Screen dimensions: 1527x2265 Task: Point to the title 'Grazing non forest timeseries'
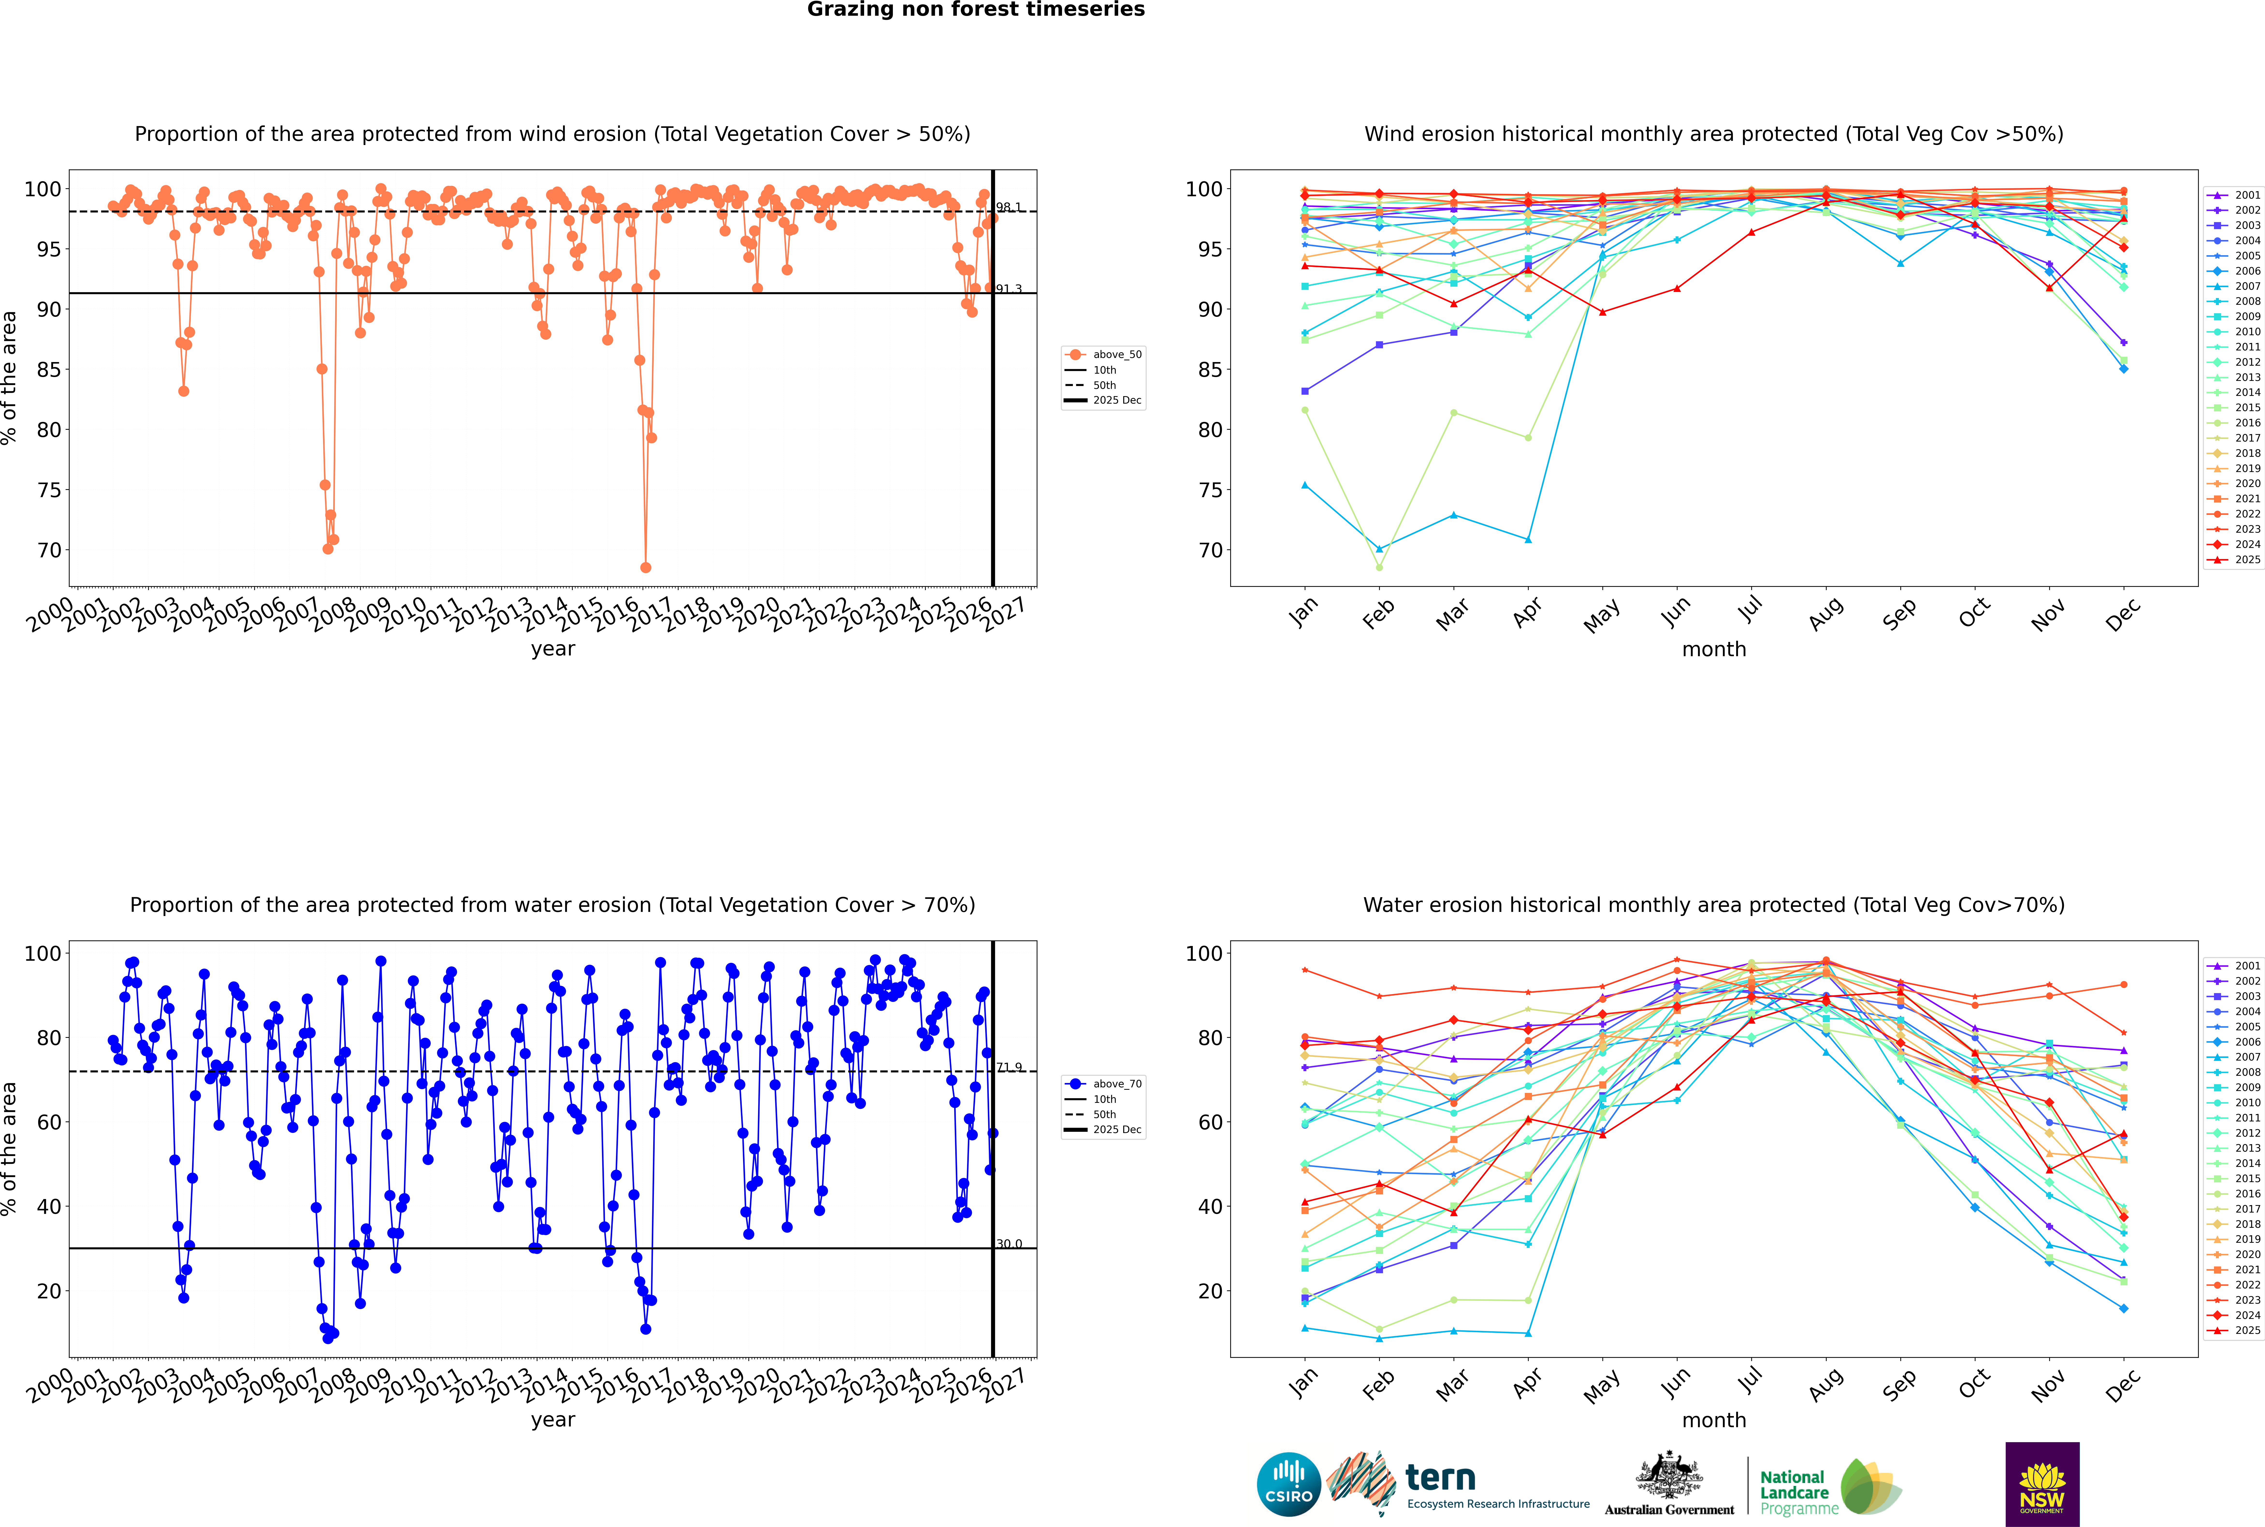[976, 10]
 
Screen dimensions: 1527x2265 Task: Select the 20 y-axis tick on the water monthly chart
[1209, 1291]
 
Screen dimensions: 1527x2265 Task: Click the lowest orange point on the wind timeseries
[646, 568]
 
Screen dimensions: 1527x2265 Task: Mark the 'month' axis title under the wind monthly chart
[1714, 650]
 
